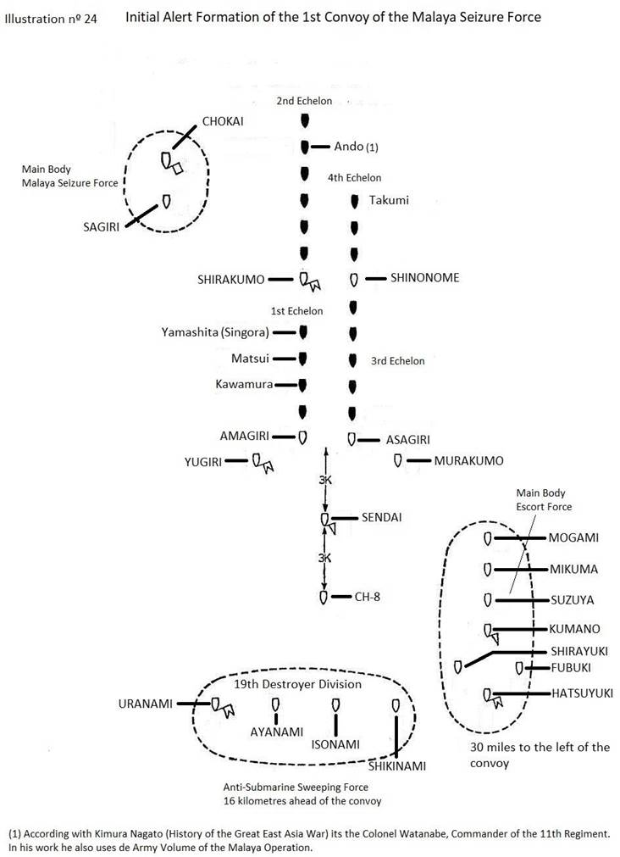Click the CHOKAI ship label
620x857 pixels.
pos(223,121)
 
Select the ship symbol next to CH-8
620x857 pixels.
pos(324,597)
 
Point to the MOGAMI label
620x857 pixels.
pos(573,537)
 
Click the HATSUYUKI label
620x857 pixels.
pos(581,693)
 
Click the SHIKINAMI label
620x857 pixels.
pos(396,765)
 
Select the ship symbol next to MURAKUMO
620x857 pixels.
pos(397,460)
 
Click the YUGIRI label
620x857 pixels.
pos(203,461)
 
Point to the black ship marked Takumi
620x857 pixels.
pos(355,202)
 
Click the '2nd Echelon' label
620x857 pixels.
pos(304,101)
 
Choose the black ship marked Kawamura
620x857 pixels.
pos(302,384)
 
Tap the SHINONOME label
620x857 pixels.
pos(424,277)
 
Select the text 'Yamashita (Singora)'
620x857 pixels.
pos(215,331)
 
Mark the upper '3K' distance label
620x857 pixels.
pos(325,480)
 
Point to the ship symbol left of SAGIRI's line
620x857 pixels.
pos(167,201)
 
